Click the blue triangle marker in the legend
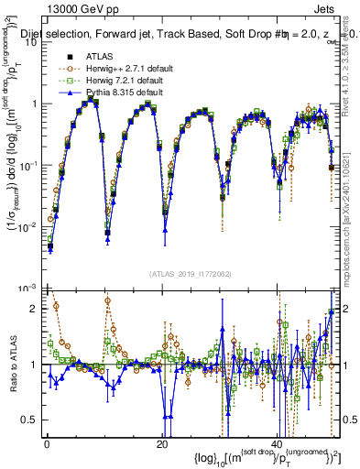tap(69, 93)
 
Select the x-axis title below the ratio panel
tap(249, 455)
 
